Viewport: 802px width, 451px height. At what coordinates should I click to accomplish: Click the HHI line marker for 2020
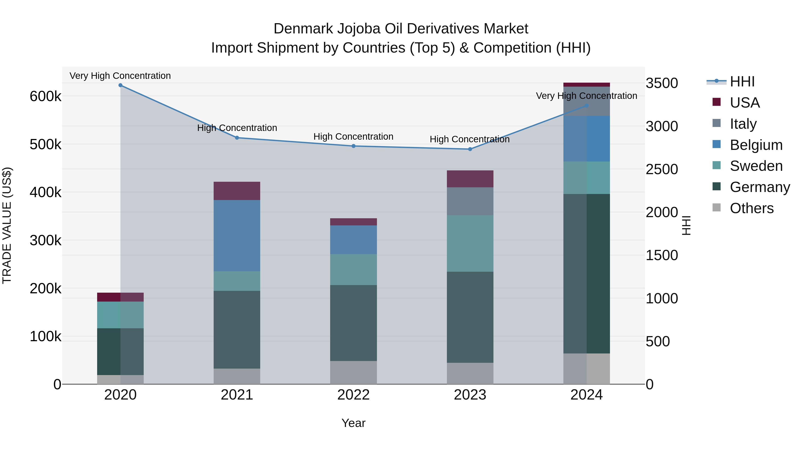tap(121, 85)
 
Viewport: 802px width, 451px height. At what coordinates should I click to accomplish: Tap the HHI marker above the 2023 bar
tap(470, 149)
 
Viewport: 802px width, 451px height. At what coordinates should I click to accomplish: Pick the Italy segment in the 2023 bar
tap(470, 201)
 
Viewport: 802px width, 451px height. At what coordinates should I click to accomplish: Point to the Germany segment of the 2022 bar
tap(353, 323)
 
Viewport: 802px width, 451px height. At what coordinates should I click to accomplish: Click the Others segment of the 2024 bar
tap(587, 369)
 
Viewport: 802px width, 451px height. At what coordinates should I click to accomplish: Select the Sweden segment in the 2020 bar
tap(121, 315)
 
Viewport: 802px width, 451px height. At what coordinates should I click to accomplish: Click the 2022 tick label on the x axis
tap(353, 395)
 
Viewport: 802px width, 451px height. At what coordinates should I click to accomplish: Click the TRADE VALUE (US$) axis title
tap(7, 225)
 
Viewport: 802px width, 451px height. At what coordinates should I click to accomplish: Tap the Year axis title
tap(353, 423)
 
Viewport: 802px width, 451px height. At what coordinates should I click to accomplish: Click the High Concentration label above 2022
tap(353, 137)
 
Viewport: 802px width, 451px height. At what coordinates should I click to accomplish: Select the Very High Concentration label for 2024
tap(586, 96)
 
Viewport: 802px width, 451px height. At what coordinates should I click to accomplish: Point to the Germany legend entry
tap(760, 187)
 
